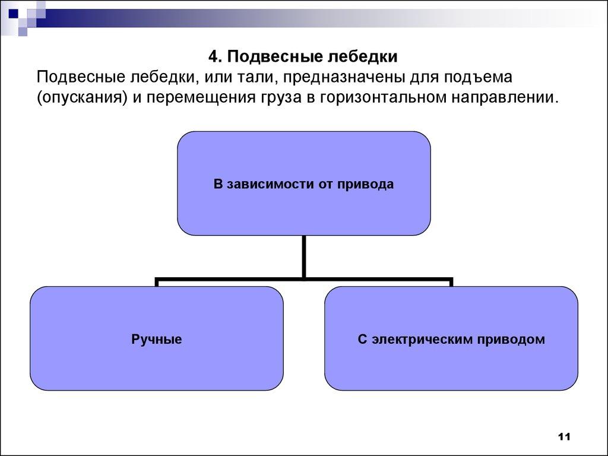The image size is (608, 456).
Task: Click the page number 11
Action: click(563, 437)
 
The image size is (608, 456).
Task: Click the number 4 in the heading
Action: click(213, 58)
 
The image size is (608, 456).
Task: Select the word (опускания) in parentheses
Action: click(83, 97)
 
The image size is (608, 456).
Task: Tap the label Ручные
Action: click(156, 340)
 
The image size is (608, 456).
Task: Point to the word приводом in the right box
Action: click(517, 340)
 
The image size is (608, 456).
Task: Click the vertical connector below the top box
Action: click(304, 255)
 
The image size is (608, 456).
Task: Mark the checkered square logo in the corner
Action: click(24, 14)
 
